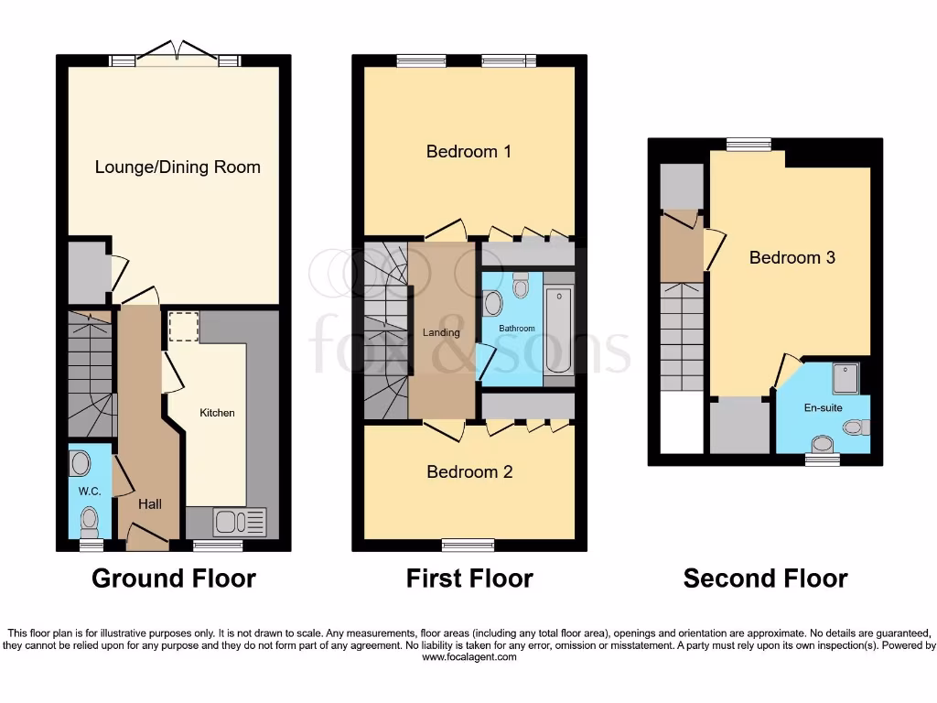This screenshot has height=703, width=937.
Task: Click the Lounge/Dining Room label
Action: coord(178,167)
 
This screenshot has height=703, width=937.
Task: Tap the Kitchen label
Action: coord(217,413)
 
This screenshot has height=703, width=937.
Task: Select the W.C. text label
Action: coord(89,491)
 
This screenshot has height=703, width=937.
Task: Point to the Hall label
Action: coord(150,503)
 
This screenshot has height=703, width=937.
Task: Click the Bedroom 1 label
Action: coord(468,151)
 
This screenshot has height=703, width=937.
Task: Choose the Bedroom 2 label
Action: coord(469,471)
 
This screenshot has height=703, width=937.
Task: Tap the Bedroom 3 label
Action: coord(792,257)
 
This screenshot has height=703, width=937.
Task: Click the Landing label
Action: coord(441,332)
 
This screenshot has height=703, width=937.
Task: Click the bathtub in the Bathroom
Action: coord(558,330)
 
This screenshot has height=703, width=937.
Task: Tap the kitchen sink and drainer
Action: coord(239,522)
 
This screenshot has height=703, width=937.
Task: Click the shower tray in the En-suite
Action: coord(845,374)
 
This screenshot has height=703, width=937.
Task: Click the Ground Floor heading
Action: coord(174,579)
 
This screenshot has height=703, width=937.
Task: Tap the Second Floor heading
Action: coord(765,579)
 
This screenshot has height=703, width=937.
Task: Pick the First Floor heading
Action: coord(469,579)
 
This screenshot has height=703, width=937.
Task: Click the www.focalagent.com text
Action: coord(469,657)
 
